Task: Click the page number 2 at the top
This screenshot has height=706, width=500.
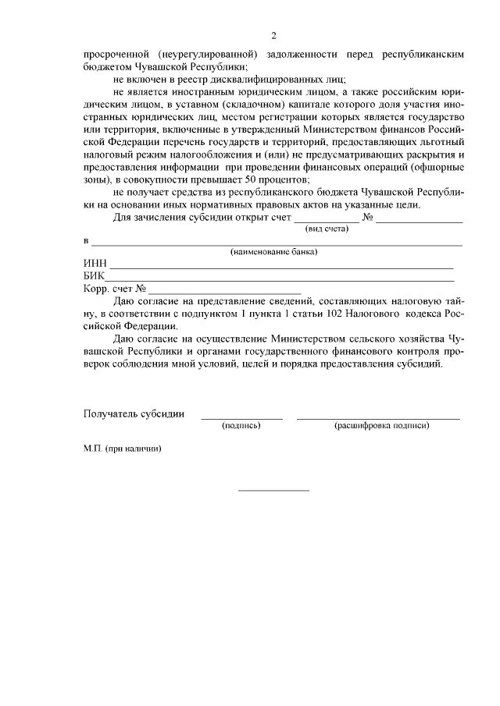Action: (x=273, y=36)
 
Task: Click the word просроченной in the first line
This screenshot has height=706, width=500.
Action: (x=116, y=55)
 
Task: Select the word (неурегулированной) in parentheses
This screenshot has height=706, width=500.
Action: (x=207, y=55)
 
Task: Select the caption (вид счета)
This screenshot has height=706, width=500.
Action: (x=327, y=229)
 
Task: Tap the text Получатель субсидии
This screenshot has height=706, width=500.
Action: (x=134, y=413)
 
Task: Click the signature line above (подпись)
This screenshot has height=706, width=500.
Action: (x=241, y=418)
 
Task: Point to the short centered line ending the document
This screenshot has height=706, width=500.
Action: (x=273, y=490)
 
